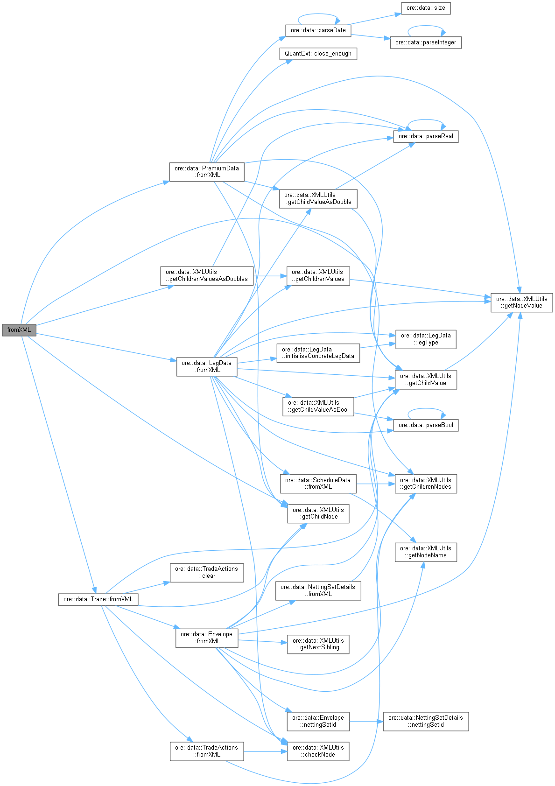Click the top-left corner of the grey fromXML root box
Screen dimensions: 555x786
pos(2,324)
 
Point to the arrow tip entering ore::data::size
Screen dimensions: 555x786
pos(401,14)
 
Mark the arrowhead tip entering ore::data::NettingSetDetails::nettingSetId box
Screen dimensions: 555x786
pos(383,722)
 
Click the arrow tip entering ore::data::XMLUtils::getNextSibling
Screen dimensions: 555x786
pos(288,643)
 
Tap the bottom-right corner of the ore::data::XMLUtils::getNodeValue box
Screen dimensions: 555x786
pos(553,312)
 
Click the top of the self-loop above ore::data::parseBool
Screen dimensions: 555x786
pos(426,408)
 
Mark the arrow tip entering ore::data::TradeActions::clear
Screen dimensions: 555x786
pos(170,582)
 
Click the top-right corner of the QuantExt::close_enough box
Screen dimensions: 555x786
pos(357,48)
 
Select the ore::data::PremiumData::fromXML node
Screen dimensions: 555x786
pos(207,172)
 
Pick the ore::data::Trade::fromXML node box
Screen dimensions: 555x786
pos(98,599)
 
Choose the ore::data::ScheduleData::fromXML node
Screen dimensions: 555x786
pos(318,484)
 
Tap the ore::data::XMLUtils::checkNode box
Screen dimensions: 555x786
pos(318,751)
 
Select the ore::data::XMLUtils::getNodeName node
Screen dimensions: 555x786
pos(426,552)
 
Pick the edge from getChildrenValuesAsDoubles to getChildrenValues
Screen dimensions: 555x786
pos(270,276)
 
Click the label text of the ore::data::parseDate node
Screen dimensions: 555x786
pos(318,30)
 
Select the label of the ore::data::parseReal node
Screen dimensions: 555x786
pos(426,136)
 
